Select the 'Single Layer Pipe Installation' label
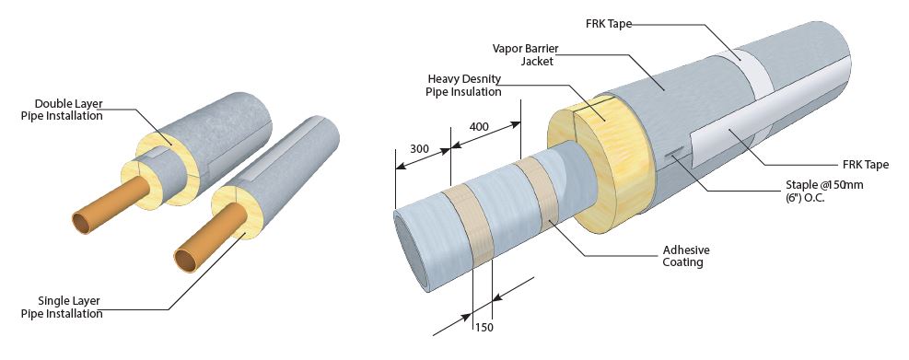pyautogui.click(x=62, y=308)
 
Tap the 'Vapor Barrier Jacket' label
pyautogui.click(x=526, y=54)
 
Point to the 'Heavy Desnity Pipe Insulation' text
pyautogui.click(x=464, y=85)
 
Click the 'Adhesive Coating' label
pyautogui.click(x=686, y=256)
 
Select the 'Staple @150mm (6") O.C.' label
pyautogui.click(x=821, y=191)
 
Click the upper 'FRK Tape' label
pyautogui.click(x=608, y=24)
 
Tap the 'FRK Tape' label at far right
pyautogui.click(x=866, y=165)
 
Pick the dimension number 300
pyautogui.click(x=419, y=149)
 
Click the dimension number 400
pyautogui.click(x=479, y=126)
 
